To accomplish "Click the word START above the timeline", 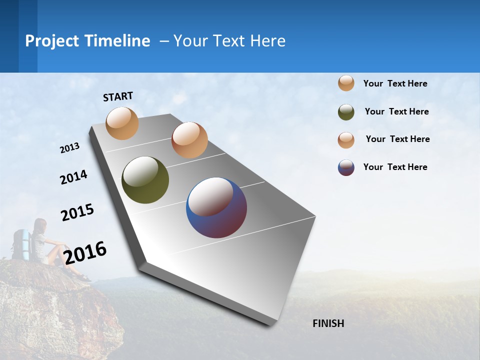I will [x=118, y=96].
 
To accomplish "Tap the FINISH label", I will [x=328, y=323].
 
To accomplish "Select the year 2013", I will [x=69, y=148].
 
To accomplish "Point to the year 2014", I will [x=73, y=177].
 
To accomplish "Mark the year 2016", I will [x=85, y=252].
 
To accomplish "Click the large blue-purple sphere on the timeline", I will [x=216, y=207].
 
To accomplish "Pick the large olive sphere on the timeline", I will [x=145, y=180].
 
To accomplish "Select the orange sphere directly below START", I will [x=122, y=123].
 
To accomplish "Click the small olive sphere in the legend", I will [x=346, y=112].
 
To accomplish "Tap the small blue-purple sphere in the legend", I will [x=346, y=167].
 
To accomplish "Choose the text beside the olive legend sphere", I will [x=396, y=111].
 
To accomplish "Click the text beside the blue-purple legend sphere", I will [x=395, y=167].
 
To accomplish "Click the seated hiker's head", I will [x=40, y=225].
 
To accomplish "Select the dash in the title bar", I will [x=164, y=41].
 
